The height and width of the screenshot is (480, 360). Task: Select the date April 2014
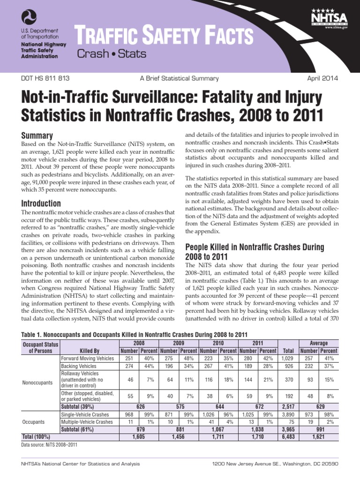(x=322, y=78)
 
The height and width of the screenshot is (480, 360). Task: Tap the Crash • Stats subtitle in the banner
(x=112, y=53)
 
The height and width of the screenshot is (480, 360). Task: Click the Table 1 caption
(x=135, y=334)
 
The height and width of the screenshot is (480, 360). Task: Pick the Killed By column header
(x=90, y=350)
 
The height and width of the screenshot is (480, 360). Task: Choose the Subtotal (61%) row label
(x=77, y=430)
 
